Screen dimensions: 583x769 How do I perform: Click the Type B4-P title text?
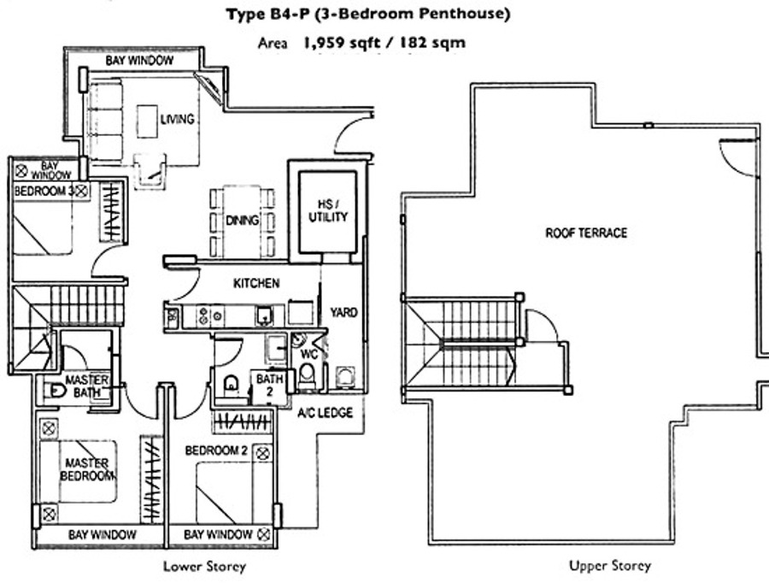[x=368, y=14]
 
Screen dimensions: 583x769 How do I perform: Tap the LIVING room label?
[x=177, y=119]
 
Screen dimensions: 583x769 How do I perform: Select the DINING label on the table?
[x=243, y=221]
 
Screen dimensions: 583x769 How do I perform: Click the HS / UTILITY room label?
[x=328, y=210]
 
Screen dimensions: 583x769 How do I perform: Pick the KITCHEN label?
[x=256, y=283]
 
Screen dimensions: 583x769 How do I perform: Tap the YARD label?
[x=343, y=313]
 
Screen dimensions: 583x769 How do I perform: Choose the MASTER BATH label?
[x=86, y=386]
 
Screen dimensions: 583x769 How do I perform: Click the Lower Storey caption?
[x=205, y=566]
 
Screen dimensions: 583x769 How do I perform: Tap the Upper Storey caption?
[x=609, y=566]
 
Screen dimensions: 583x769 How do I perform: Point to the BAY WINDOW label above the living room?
[x=139, y=61]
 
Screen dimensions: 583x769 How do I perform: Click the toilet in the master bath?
[x=53, y=391]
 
